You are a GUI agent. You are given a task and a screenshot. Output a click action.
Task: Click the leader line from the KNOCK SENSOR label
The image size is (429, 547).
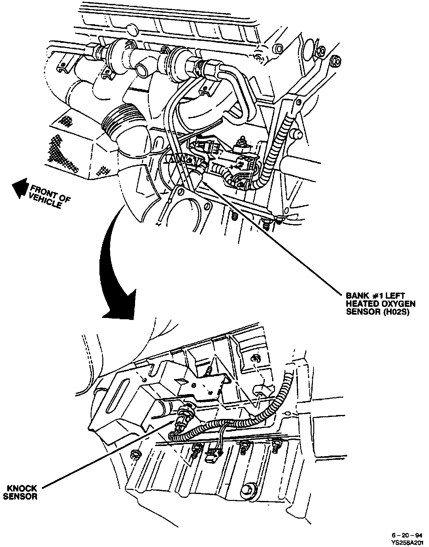(x=105, y=455)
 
